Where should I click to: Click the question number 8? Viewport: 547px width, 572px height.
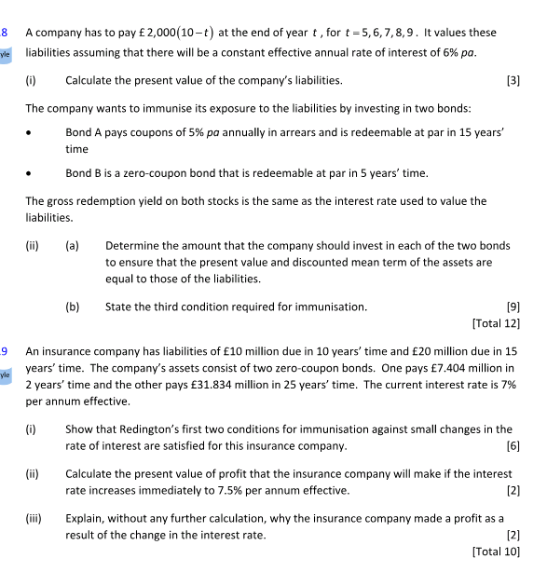click(5, 33)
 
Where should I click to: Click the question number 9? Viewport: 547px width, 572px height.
click(5, 351)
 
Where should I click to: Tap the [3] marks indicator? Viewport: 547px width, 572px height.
click(513, 80)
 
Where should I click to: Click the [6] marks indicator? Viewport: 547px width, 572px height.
click(513, 445)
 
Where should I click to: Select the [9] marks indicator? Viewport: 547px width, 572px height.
click(513, 306)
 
